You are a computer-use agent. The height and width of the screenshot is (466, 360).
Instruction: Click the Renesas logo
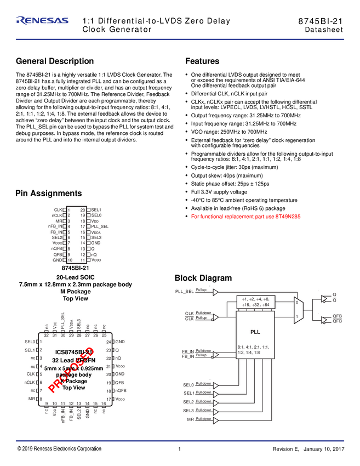point(43,20)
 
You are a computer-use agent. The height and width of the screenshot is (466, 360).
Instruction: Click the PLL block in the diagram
point(255,332)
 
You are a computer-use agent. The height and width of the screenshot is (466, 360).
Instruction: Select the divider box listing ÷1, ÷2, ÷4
point(255,302)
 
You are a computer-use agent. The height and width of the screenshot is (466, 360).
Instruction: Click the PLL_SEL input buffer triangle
point(215,291)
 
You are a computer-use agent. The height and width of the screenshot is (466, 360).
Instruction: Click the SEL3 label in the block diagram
point(188,411)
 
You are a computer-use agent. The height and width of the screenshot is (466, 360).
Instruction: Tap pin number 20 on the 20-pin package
point(83,209)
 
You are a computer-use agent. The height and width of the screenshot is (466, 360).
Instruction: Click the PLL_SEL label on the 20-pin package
point(100,226)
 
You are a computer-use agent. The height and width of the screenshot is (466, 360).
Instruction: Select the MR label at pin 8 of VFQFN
point(32,399)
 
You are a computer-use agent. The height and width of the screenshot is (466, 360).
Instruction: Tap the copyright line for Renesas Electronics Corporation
point(59,448)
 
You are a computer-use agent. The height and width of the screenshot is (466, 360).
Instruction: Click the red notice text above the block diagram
point(246,217)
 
